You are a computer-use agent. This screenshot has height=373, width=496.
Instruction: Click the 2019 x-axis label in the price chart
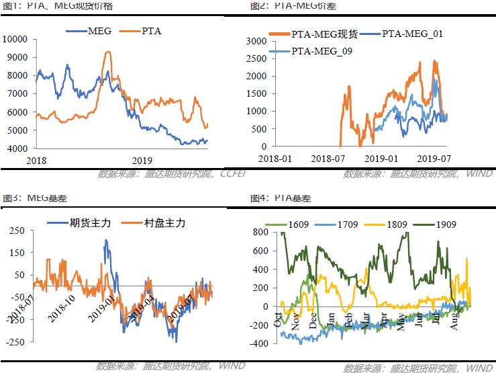pos(142,160)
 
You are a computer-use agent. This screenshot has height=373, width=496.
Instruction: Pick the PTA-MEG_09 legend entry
pos(322,51)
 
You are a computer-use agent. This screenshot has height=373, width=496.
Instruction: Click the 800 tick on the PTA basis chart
pos(261,232)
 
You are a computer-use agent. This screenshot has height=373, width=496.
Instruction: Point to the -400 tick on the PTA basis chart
pos(258,344)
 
